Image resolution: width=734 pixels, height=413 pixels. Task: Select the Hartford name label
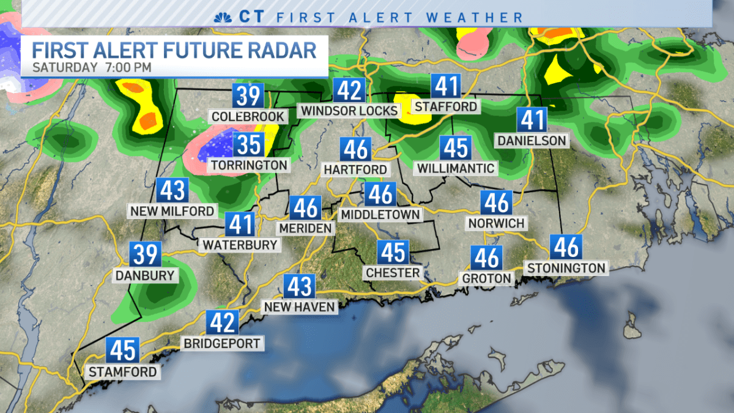tap(355, 169)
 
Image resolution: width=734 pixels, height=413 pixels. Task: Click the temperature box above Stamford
tap(122, 351)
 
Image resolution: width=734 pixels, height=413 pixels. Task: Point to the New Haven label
tap(300, 307)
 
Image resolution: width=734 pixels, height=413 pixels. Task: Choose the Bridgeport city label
tap(222, 343)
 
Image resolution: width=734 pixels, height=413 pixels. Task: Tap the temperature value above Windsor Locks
tap(350, 91)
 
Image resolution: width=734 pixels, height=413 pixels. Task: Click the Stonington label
tap(566, 267)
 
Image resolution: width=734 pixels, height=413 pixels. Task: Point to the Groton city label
tap(487, 278)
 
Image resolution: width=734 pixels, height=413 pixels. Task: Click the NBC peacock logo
tap(221, 17)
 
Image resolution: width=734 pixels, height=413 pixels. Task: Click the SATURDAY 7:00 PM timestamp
tap(92, 67)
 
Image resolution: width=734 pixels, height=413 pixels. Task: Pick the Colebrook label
tap(247, 116)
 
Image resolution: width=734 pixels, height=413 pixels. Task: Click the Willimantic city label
tap(456, 167)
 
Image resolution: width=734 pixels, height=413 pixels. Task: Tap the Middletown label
tap(380, 215)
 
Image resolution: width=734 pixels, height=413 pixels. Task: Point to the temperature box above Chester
tap(393, 251)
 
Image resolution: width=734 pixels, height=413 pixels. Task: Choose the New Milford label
tap(172, 211)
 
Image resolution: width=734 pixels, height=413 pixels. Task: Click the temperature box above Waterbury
tap(240, 224)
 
